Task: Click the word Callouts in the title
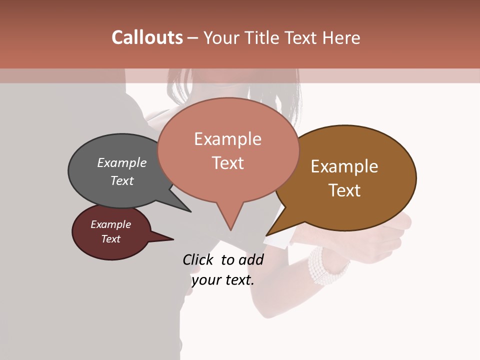(x=147, y=37)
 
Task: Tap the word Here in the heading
(x=341, y=38)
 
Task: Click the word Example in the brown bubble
(x=344, y=166)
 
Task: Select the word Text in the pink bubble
(x=228, y=163)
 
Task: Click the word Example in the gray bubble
(x=122, y=162)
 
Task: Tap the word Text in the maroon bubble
(x=111, y=239)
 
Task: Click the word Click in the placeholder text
(x=199, y=259)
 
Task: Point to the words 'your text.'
(x=223, y=280)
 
